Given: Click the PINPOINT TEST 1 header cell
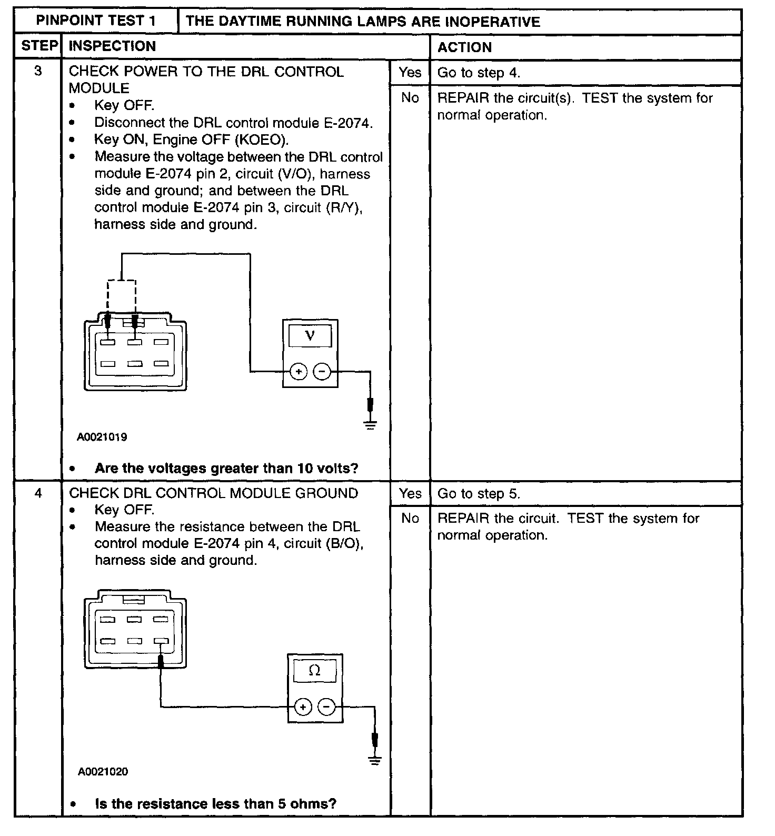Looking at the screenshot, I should point(96,21).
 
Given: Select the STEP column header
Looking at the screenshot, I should point(39,46).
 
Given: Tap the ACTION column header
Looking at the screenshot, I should point(464,47).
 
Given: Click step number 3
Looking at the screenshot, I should point(38,71).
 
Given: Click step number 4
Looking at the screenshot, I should point(38,493).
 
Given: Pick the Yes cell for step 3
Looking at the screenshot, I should point(410,73).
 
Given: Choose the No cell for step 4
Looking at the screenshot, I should point(410,519).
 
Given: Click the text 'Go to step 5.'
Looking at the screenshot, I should point(479,494).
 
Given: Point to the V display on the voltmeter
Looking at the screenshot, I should point(310,335).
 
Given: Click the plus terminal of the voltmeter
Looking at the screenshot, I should point(299,372).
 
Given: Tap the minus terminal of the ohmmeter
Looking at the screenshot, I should point(327,706).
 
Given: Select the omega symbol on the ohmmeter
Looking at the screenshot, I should point(314,671).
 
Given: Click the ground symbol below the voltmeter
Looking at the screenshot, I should point(371,425).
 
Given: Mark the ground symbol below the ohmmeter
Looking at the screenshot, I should point(375,760).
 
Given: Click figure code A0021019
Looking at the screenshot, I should point(102,437).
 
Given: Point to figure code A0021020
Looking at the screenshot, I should point(103,772).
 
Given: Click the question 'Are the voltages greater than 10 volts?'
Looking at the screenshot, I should point(226,468).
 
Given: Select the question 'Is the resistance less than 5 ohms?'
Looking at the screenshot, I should point(215,804).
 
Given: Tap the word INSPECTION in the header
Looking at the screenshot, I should point(112,46).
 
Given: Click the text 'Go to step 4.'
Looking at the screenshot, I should point(479,73).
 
